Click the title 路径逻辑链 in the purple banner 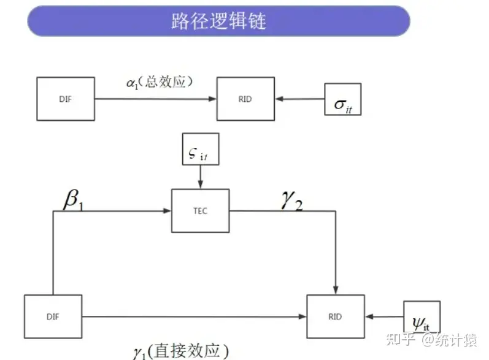(x=218, y=21)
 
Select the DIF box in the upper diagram (x=66, y=99)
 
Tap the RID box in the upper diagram (x=245, y=99)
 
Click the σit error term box (x=342, y=99)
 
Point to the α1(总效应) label (x=159, y=82)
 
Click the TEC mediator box (x=201, y=211)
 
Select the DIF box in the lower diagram (x=53, y=316)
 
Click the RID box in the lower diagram (x=335, y=316)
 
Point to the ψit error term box (x=422, y=317)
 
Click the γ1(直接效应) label (x=180, y=351)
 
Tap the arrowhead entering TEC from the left (x=167, y=211)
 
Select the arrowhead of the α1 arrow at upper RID (x=213, y=99)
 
